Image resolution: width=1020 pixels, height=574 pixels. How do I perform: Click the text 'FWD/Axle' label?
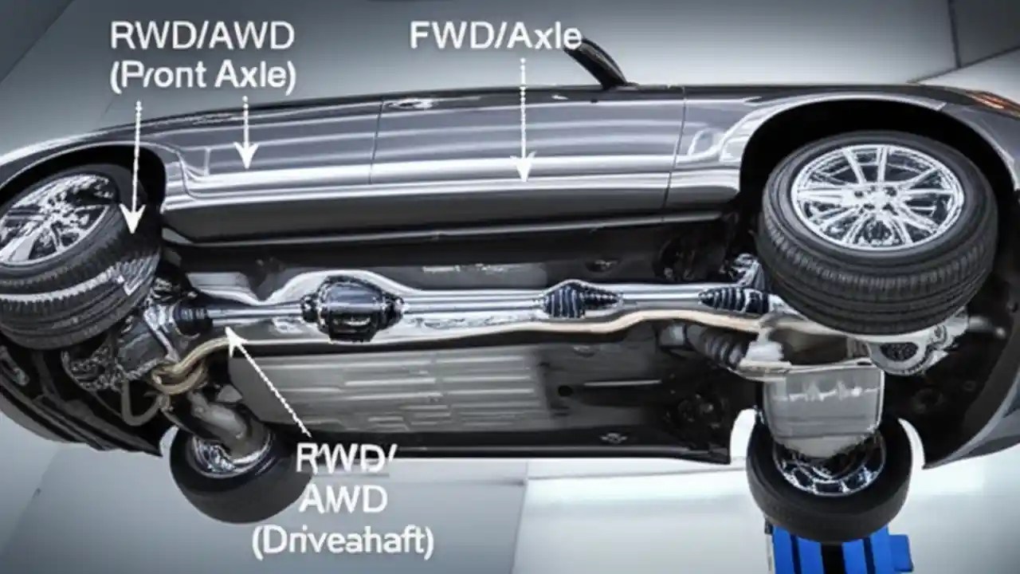click(x=495, y=36)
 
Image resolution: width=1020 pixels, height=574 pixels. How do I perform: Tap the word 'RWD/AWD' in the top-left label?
click(x=202, y=36)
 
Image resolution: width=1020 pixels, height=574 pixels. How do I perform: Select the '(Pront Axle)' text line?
click(x=202, y=75)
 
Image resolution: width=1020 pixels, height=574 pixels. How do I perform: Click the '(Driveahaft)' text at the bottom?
click(x=343, y=541)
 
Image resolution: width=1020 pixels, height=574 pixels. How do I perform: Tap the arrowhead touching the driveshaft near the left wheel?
click(x=233, y=339)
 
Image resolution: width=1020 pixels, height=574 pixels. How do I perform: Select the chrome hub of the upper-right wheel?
click(x=877, y=195)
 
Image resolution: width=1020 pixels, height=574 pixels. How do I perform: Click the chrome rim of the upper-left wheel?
click(x=52, y=219)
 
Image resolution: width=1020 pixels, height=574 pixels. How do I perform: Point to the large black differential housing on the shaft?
click(x=351, y=308)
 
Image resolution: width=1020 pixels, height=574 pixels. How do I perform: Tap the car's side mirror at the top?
click(x=598, y=60)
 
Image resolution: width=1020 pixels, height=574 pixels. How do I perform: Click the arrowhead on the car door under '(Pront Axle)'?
click(x=246, y=155)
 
